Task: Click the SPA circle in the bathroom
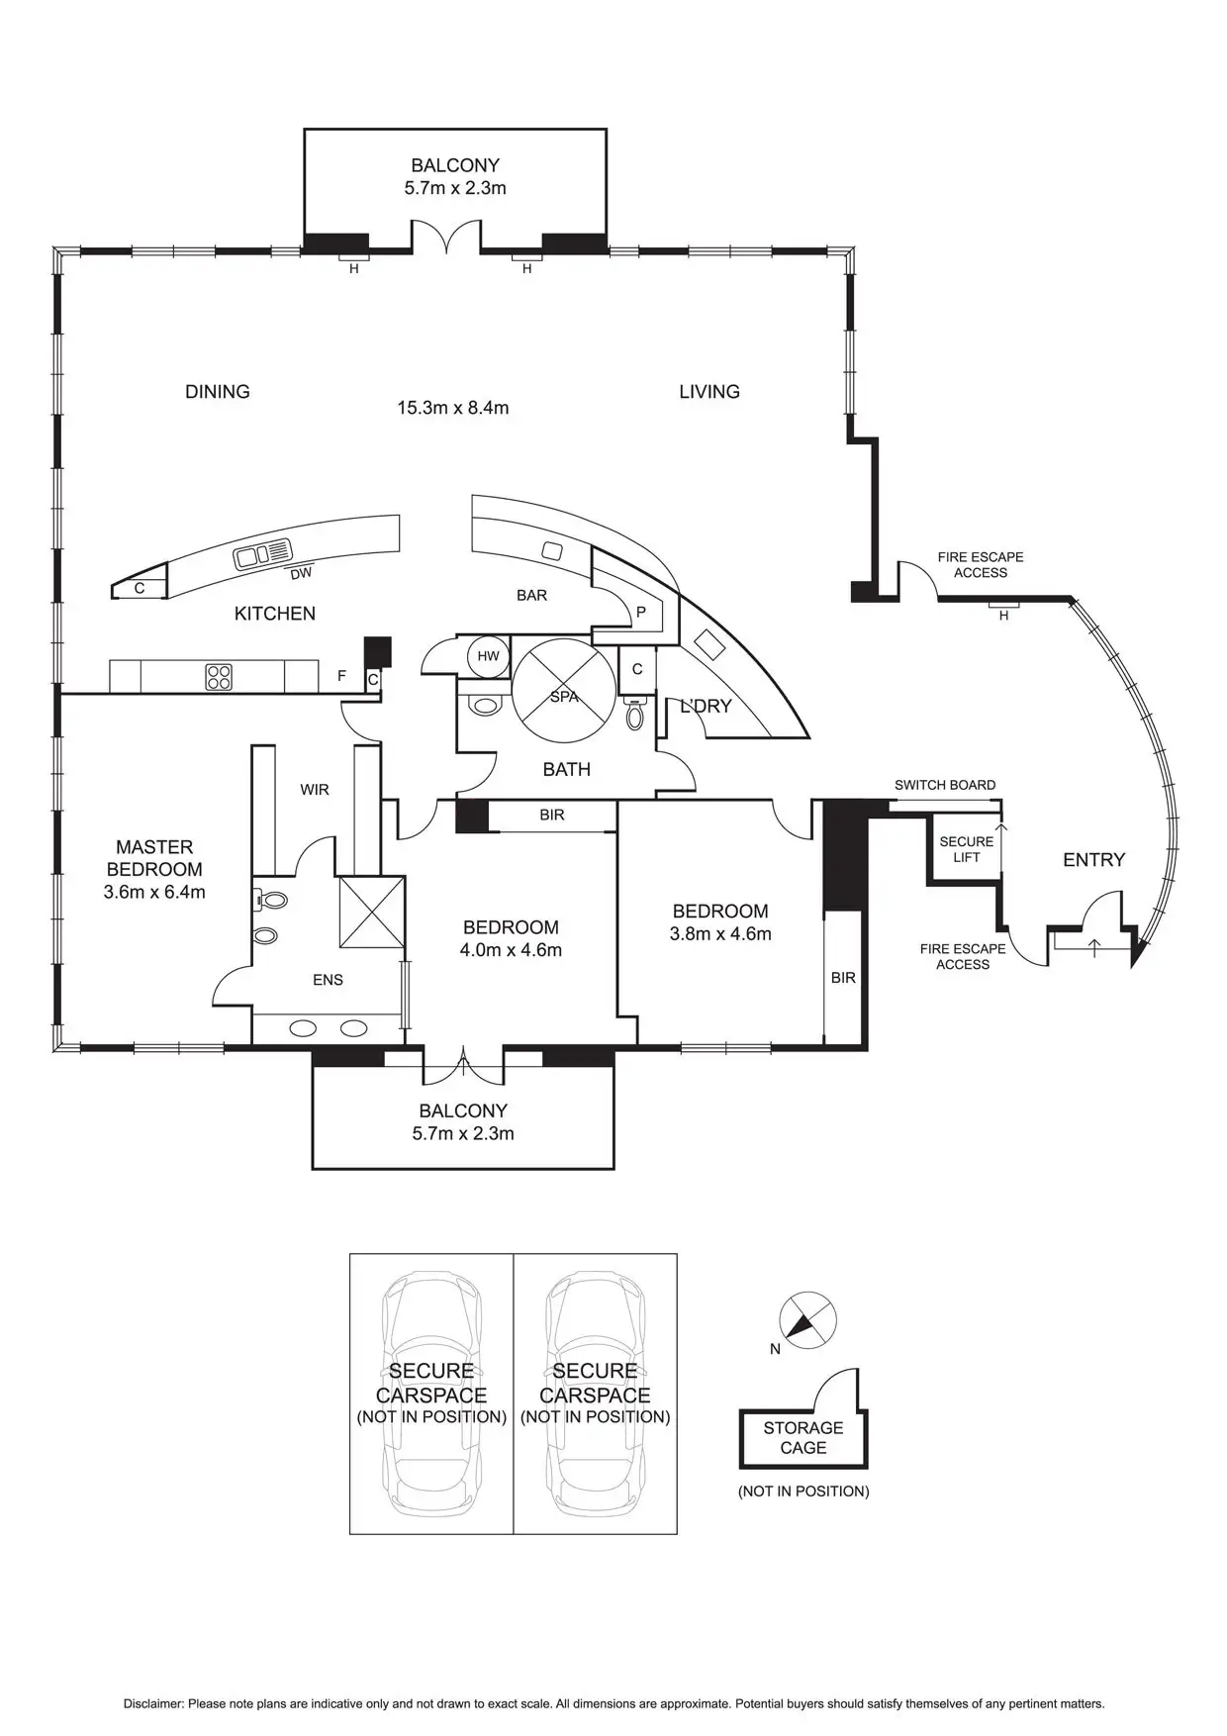pos(564,690)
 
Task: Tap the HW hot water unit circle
pos(488,656)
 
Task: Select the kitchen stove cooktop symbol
pos(219,677)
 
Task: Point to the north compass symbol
pos(807,1320)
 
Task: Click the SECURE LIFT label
pos(966,849)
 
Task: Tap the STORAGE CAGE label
pos(802,1438)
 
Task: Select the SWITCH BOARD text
pos(945,785)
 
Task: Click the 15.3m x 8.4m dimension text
pos(453,408)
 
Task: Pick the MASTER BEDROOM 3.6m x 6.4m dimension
pos(154,892)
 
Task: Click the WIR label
pos(315,790)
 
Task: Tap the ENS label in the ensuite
pos(328,980)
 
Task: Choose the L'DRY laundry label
pos(706,706)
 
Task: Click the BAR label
pos(531,595)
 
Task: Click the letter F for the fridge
pos(341,676)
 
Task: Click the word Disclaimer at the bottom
pos(153,1704)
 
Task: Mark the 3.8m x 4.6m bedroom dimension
pos(720,933)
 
